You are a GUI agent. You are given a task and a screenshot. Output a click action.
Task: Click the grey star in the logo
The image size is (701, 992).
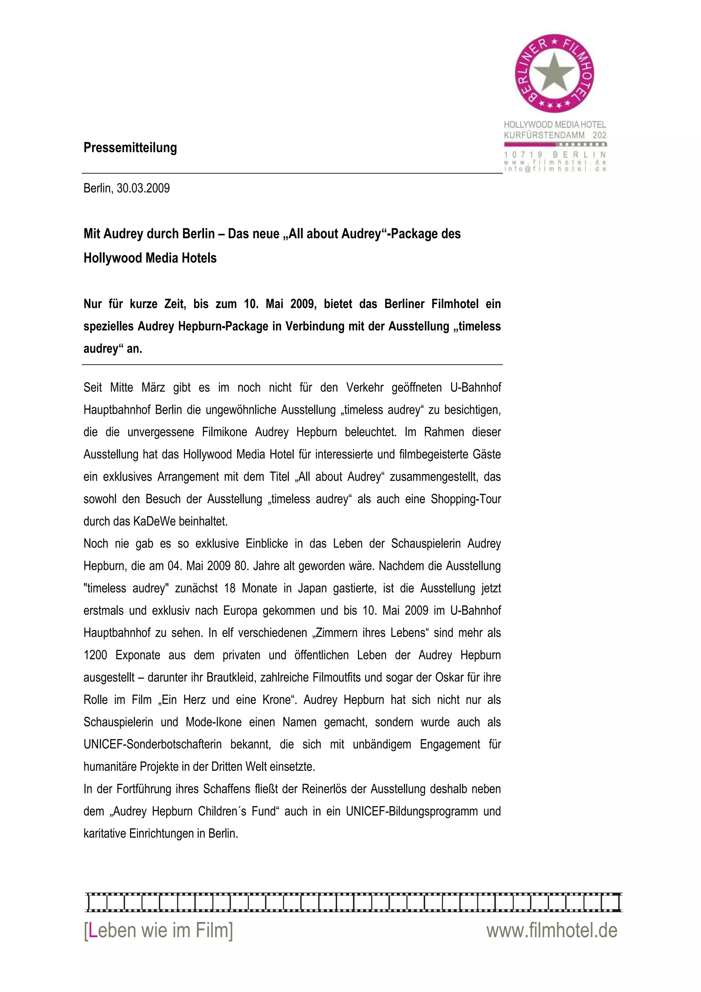tap(555, 74)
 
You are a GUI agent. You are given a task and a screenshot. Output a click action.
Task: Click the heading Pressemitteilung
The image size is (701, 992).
tap(130, 148)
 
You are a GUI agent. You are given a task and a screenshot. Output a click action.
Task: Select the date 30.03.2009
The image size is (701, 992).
tap(143, 188)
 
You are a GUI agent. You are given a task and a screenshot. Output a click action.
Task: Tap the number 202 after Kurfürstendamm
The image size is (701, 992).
tap(599, 135)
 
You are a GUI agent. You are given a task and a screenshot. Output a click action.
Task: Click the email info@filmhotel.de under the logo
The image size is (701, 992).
tap(555, 169)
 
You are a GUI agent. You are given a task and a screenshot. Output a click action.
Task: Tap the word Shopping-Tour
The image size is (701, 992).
tap(466, 499)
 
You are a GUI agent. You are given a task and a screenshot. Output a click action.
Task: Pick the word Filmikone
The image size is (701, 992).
tap(225, 432)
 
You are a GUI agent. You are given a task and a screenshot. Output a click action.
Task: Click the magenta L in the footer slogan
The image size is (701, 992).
tap(92, 931)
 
